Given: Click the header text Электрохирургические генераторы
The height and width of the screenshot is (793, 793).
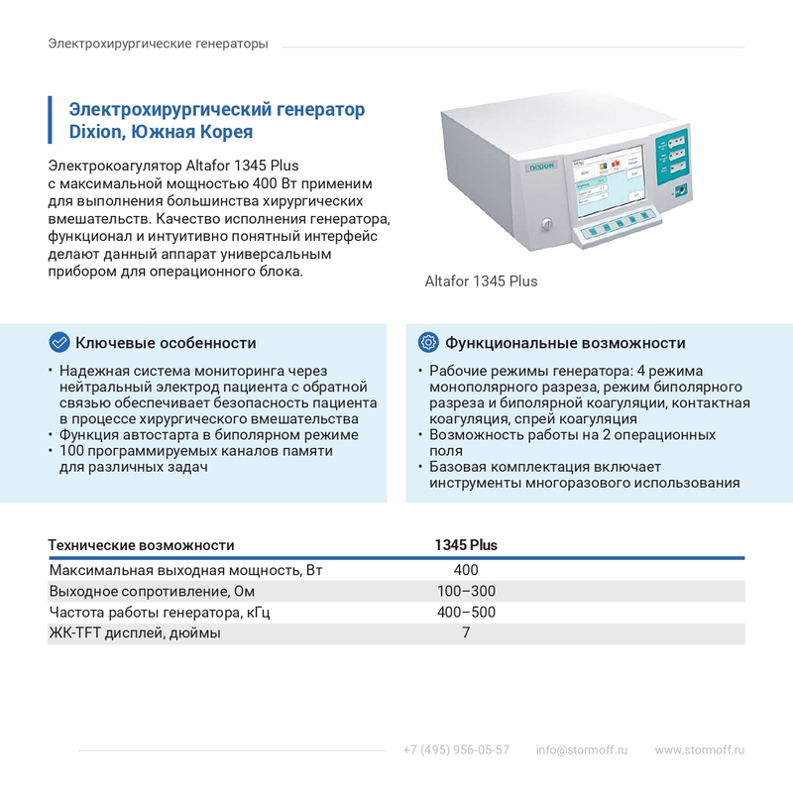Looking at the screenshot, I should [158, 45].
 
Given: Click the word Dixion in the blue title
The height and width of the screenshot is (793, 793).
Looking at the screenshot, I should [97, 132].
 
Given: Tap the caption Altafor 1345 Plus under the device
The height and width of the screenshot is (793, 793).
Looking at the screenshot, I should [481, 281].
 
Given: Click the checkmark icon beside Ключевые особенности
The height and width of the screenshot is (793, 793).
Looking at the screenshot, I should [59, 342].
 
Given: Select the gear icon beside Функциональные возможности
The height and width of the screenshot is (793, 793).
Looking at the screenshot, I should [428, 342].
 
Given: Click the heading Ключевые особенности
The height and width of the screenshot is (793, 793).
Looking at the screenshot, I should [166, 343].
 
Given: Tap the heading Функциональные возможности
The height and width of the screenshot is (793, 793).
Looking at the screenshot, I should [565, 343].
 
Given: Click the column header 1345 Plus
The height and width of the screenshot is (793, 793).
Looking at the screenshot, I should [466, 545].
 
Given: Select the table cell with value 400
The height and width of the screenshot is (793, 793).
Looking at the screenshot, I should [466, 570].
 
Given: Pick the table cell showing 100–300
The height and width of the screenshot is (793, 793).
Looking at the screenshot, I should [466, 592].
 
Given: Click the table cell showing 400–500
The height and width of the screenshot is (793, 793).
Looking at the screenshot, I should [466, 613].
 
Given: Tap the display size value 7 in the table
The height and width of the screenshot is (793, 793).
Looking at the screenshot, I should [466, 633].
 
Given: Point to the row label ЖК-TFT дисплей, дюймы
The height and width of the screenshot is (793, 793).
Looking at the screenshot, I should [135, 633].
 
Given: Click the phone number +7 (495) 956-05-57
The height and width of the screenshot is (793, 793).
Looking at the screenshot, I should [456, 749].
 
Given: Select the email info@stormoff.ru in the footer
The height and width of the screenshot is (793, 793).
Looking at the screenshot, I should [582, 749].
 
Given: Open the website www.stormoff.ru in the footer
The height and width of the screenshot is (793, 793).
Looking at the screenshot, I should [699, 749].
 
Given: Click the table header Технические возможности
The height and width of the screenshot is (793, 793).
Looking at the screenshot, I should [142, 545].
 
